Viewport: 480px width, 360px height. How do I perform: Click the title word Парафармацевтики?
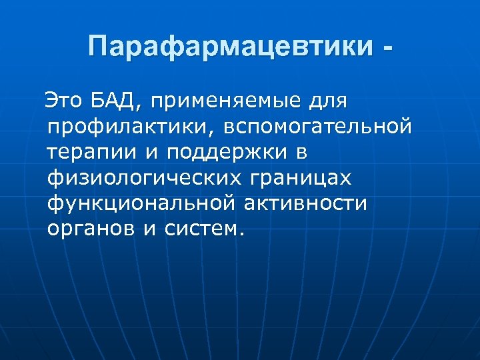pos(229,47)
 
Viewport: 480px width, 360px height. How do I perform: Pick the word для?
pos(329,102)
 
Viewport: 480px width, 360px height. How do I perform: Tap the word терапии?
pos(91,153)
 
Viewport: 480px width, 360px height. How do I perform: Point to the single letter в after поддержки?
pos(301,153)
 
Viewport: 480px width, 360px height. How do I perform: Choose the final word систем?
pos(199,229)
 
